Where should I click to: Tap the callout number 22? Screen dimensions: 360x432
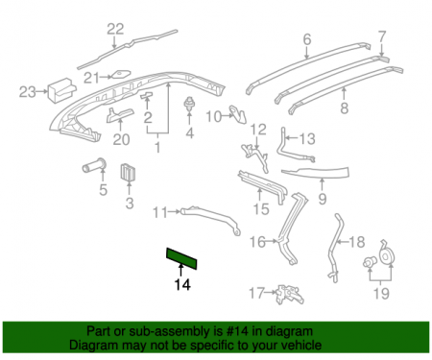[x=115, y=28]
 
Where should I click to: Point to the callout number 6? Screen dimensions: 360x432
[x=307, y=39]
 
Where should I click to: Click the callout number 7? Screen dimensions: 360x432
[x=381, y=37]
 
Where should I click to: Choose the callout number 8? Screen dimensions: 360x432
[x=345, y=108]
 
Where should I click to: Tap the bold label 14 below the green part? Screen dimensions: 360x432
[x=181, y=284]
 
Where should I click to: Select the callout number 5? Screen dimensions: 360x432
[x=104, y=188]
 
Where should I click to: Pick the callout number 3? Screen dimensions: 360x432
[x=130, y=203]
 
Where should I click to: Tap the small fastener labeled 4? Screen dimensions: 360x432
[x=188, y=104]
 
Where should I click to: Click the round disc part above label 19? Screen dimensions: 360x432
[x=389, y=255]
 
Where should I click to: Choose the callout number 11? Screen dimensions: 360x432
[x=160, y=211]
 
